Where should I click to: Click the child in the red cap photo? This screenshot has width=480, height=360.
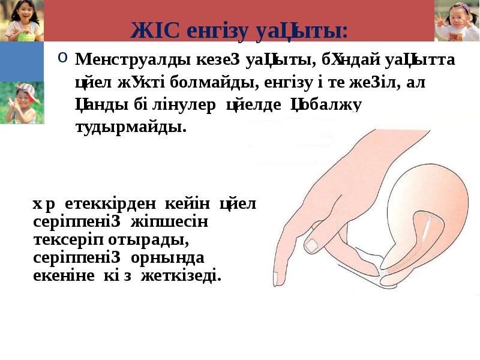(22, 103)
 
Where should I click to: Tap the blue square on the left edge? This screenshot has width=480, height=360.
(22, 61)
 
